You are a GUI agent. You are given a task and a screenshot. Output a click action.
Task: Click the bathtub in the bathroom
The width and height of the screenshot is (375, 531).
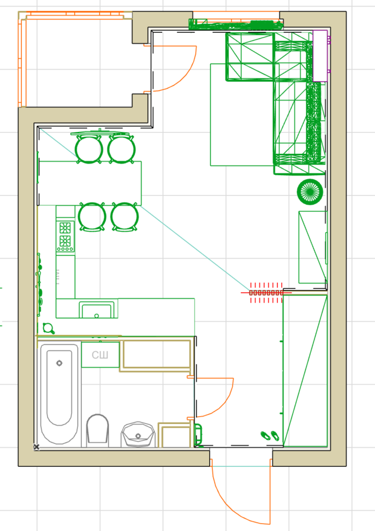click(59, 394)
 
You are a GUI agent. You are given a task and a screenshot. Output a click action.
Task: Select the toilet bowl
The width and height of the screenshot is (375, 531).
click(97, 430)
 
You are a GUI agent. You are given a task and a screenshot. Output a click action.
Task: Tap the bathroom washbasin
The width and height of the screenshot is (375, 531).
click(138, 435)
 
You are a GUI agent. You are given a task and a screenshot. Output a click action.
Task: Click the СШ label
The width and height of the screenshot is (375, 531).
click(100, 355)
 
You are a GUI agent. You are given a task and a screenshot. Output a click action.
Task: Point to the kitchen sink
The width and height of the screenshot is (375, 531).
click(96, 310)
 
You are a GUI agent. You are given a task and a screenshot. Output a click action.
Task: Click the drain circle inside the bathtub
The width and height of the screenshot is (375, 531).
click(59, 363)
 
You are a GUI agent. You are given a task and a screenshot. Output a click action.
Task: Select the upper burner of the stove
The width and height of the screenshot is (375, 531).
click(65, 228)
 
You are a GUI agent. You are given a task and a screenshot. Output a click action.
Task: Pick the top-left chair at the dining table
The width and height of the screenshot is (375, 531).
click(88, 149)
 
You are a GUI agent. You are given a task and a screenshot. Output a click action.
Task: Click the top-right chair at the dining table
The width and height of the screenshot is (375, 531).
click(122, 149)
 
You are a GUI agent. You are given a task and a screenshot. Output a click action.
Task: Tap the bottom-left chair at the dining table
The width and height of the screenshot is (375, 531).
click(92, 217)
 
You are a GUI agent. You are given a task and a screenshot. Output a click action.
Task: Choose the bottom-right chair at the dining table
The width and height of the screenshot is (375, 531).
click(125, 217)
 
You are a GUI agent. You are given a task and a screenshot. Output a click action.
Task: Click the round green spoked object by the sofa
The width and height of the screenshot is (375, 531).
click(310, 192)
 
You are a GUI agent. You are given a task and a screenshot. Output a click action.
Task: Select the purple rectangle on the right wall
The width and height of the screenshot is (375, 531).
click(320, 56)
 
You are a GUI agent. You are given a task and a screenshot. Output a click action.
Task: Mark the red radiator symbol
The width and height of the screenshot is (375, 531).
click(266, 292)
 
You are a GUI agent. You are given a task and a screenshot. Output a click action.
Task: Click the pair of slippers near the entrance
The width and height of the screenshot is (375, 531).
click(270, 435)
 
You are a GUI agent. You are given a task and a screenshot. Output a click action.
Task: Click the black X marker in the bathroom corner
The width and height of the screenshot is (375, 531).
click(36, 447)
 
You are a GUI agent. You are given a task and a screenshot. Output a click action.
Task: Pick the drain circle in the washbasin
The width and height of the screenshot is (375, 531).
click(138, 436)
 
